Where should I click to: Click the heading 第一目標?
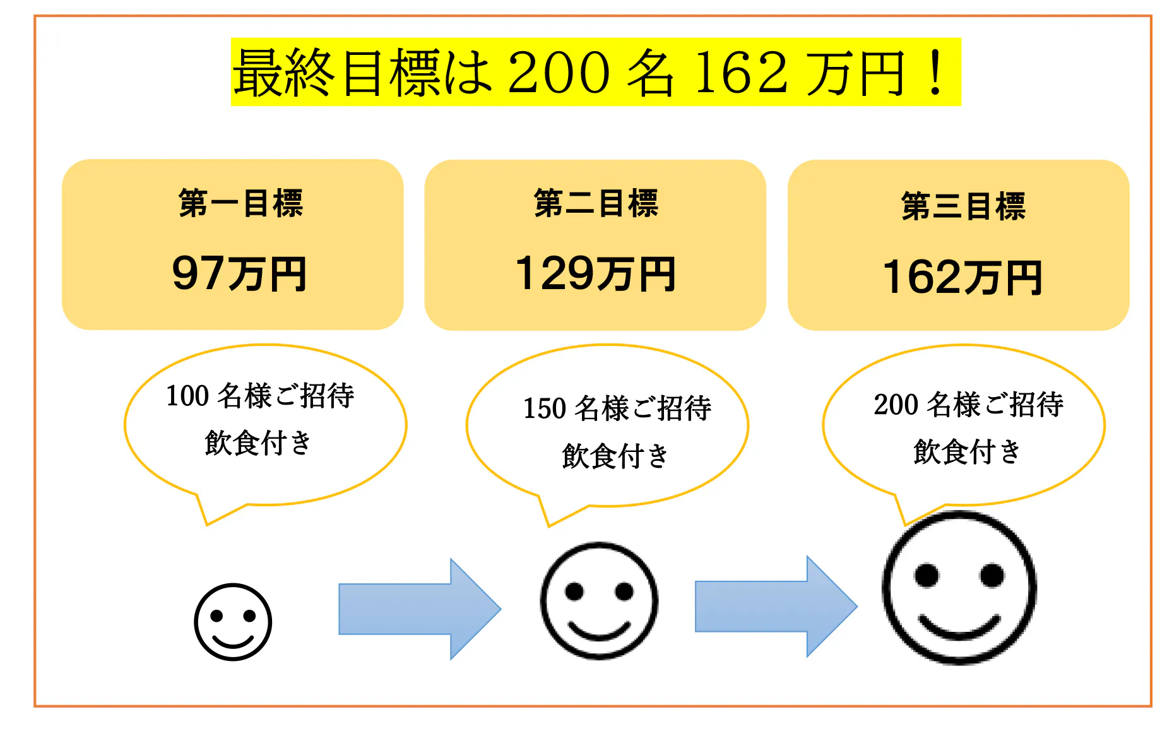pyautogui.click(x=241, y=203)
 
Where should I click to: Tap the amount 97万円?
pyautogui.click(x=239, y=274)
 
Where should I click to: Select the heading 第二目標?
pyautogui.click(x=596, y=203)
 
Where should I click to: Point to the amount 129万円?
pyautogui.click(x=595, y=274)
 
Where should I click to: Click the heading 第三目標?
pyautogui.click(x=963, y=206)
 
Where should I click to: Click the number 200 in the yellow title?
pyautogui.click(x=559, y=73)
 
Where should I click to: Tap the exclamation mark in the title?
pyautogui.click(x=936, y=73)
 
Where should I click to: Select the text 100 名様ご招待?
pyautogui.click(x=260, y=396)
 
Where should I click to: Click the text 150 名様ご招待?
pyautogui.click(x=617, y=408)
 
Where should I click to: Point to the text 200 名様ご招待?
pyautogui.click(x=968, y=404)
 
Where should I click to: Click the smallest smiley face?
pyautogui.click(x=233, y=622)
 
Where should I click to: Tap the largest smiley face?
pyautogui.click(x=959, y=588)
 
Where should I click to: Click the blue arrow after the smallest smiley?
pyautogui.click(x=420, y=609)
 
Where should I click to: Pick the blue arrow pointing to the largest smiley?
pyautogui.click(x=776, y=607)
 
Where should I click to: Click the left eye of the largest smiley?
pyautogui.click(x=927, y=575)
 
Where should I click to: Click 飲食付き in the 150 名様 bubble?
pyautogui.click(x=615, y=456)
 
